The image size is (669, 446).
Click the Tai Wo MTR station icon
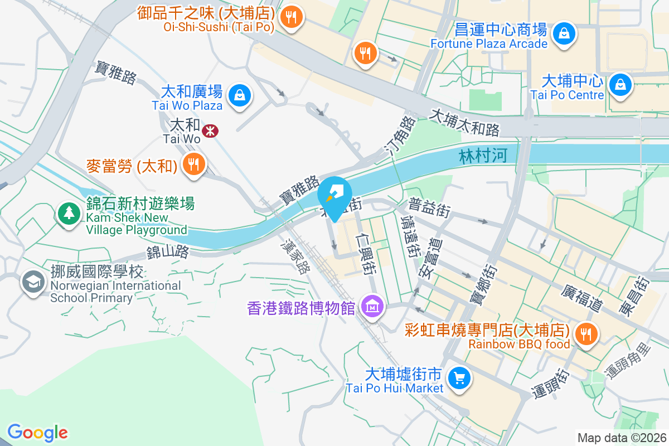(210, 131)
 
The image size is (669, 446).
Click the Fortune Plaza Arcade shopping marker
(565, 34)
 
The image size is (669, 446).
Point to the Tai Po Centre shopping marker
(619, 85)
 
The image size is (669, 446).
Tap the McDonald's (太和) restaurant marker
(193, 164)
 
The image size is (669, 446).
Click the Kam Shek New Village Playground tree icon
(69, 214)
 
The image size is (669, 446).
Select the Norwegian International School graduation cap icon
(33, 282)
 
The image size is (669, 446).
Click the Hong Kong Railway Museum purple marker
(370, 306)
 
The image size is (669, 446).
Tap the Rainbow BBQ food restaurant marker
(585, 334)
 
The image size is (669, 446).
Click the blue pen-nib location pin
(334, 194)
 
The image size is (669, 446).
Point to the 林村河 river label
(483, 156)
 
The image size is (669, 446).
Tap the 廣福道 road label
(583, 298)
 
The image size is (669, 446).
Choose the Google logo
(37, 433)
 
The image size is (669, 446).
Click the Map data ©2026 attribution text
(622, 438)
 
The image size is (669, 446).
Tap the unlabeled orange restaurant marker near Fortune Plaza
(366, 53)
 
